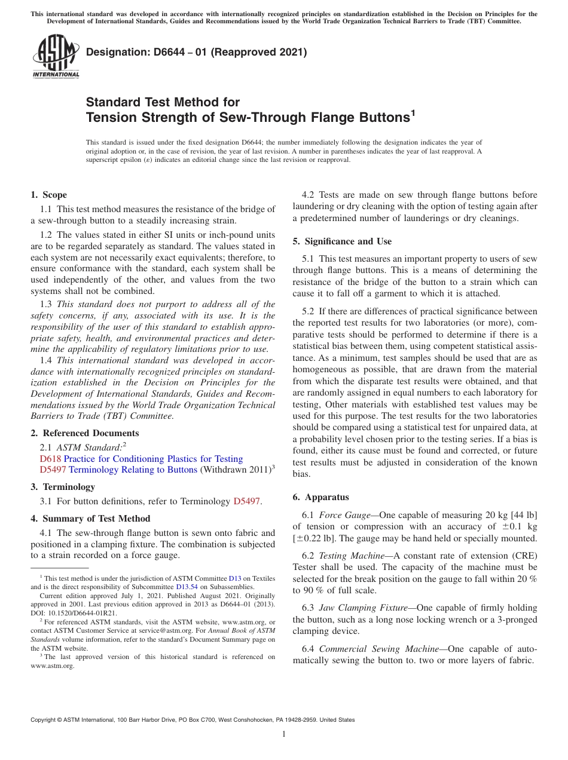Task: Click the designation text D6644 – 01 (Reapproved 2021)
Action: point(196,53)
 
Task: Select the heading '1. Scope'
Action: point(48,195)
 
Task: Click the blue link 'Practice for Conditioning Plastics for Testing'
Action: point(153,459)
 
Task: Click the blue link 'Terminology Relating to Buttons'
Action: point(133,470)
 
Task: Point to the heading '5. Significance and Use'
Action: point(342,241)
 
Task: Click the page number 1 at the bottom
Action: point(284,734)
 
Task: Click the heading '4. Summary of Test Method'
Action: point(90,519)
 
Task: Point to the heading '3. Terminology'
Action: point(63,487)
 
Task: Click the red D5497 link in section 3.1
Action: point(246,501)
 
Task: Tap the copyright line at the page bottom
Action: point(193,720)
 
